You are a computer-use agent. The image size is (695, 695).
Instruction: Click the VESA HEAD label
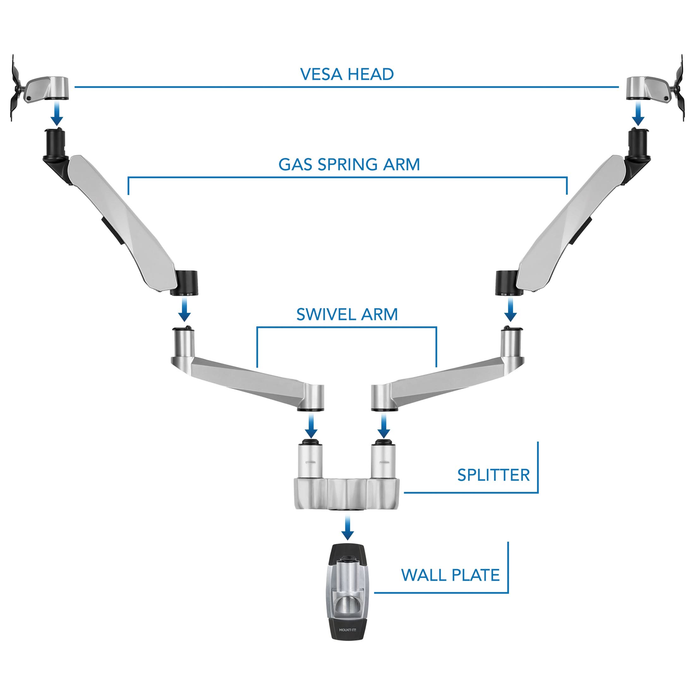click(347, 74)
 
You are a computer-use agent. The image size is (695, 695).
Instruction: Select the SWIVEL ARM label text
click(347, 314)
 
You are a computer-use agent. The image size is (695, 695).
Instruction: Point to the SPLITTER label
click(493, 475)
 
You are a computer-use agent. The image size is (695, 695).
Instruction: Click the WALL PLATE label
click(450, 575)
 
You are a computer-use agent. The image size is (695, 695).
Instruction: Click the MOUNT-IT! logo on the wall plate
click(347, 630)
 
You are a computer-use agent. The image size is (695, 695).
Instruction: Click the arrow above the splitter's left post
click(311, 426)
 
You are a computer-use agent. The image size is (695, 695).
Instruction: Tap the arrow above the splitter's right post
click(384, 426)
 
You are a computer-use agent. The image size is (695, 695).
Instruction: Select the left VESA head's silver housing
click(50, 88)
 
